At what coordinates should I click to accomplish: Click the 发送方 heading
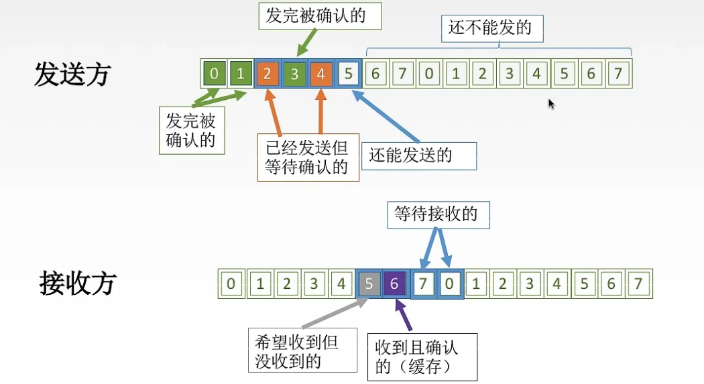72,75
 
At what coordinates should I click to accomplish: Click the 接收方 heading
78,283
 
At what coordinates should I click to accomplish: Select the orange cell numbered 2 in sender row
267,74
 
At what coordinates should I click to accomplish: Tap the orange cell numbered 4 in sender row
320,74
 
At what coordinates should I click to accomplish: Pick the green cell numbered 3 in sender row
294,74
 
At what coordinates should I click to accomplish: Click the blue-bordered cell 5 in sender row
348,74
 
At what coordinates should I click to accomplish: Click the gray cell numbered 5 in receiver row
368,284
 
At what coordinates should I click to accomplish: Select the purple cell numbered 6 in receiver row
394,284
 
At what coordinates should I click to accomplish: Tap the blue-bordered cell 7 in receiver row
422,284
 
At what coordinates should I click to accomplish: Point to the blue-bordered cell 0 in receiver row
449,284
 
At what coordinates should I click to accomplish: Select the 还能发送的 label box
418,155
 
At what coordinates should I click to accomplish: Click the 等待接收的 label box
436,214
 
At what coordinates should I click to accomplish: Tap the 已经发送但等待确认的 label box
308,157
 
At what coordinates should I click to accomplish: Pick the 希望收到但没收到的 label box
301,351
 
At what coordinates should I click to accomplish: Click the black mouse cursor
551,104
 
